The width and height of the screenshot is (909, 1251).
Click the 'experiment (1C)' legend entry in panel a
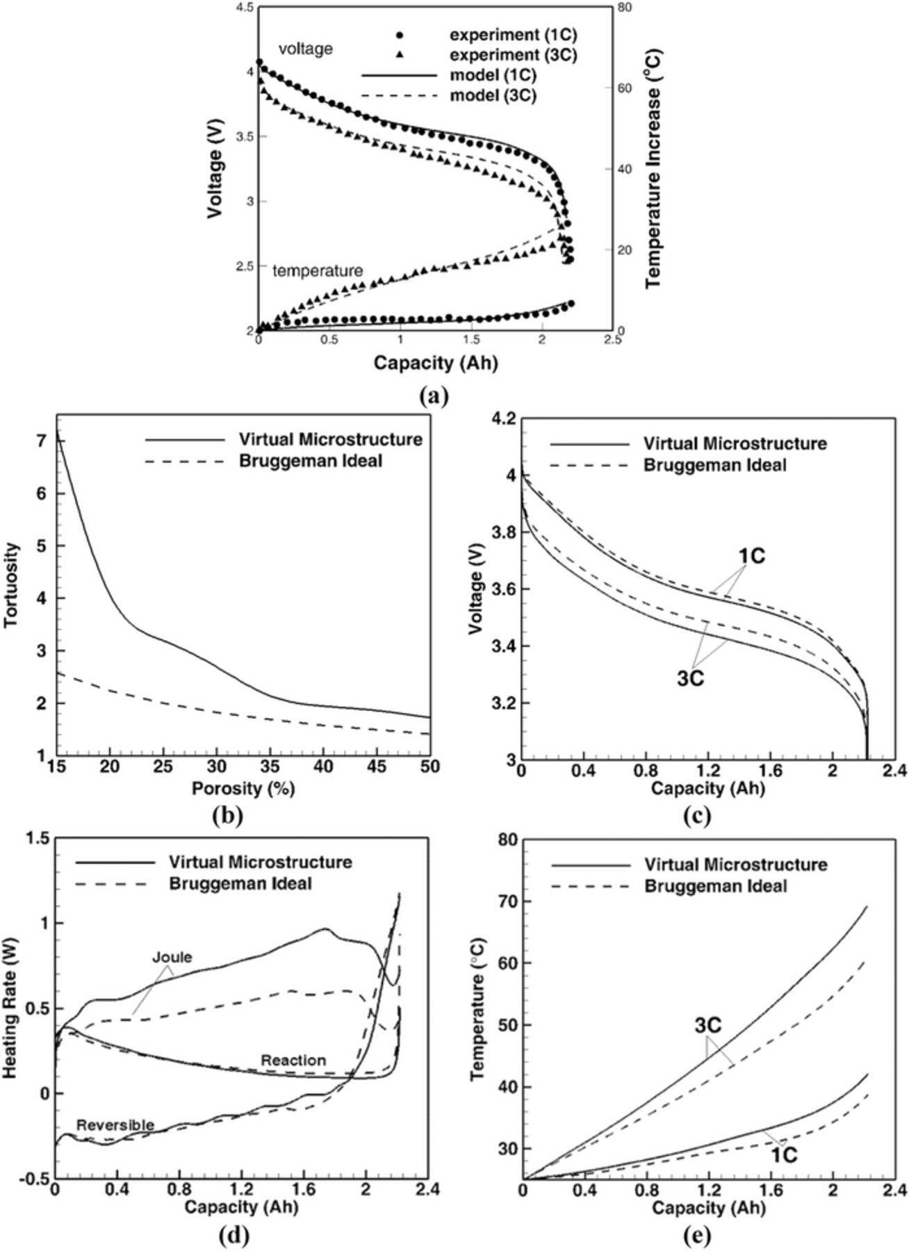pos(513,34)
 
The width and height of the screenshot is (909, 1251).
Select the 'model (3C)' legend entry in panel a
pos(493,96)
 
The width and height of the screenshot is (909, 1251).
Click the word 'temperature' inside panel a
pos(318,270)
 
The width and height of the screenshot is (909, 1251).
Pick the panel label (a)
pos(435,396)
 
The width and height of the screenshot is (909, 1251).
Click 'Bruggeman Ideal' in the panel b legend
pos(311,461)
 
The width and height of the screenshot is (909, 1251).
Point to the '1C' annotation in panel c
pos(751,557)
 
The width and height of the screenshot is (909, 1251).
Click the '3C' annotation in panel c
pos(690,678)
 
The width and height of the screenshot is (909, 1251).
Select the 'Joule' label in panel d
pos(172,958)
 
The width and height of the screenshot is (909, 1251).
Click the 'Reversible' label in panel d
pos(115,1125)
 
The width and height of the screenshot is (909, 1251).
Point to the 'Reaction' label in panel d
pos(293,1061)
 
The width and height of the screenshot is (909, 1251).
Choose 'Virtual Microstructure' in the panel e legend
pos(735,865)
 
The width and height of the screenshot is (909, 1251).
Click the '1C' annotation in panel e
pos(784,1154)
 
